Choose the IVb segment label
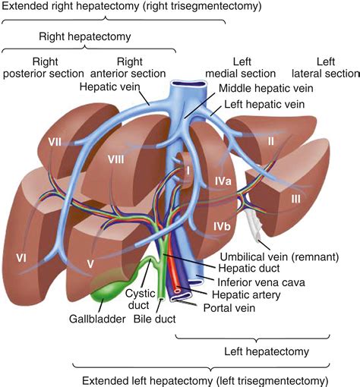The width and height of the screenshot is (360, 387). click(x=223, y=226)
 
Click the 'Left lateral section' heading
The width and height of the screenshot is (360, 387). click(x=325, y=68)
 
